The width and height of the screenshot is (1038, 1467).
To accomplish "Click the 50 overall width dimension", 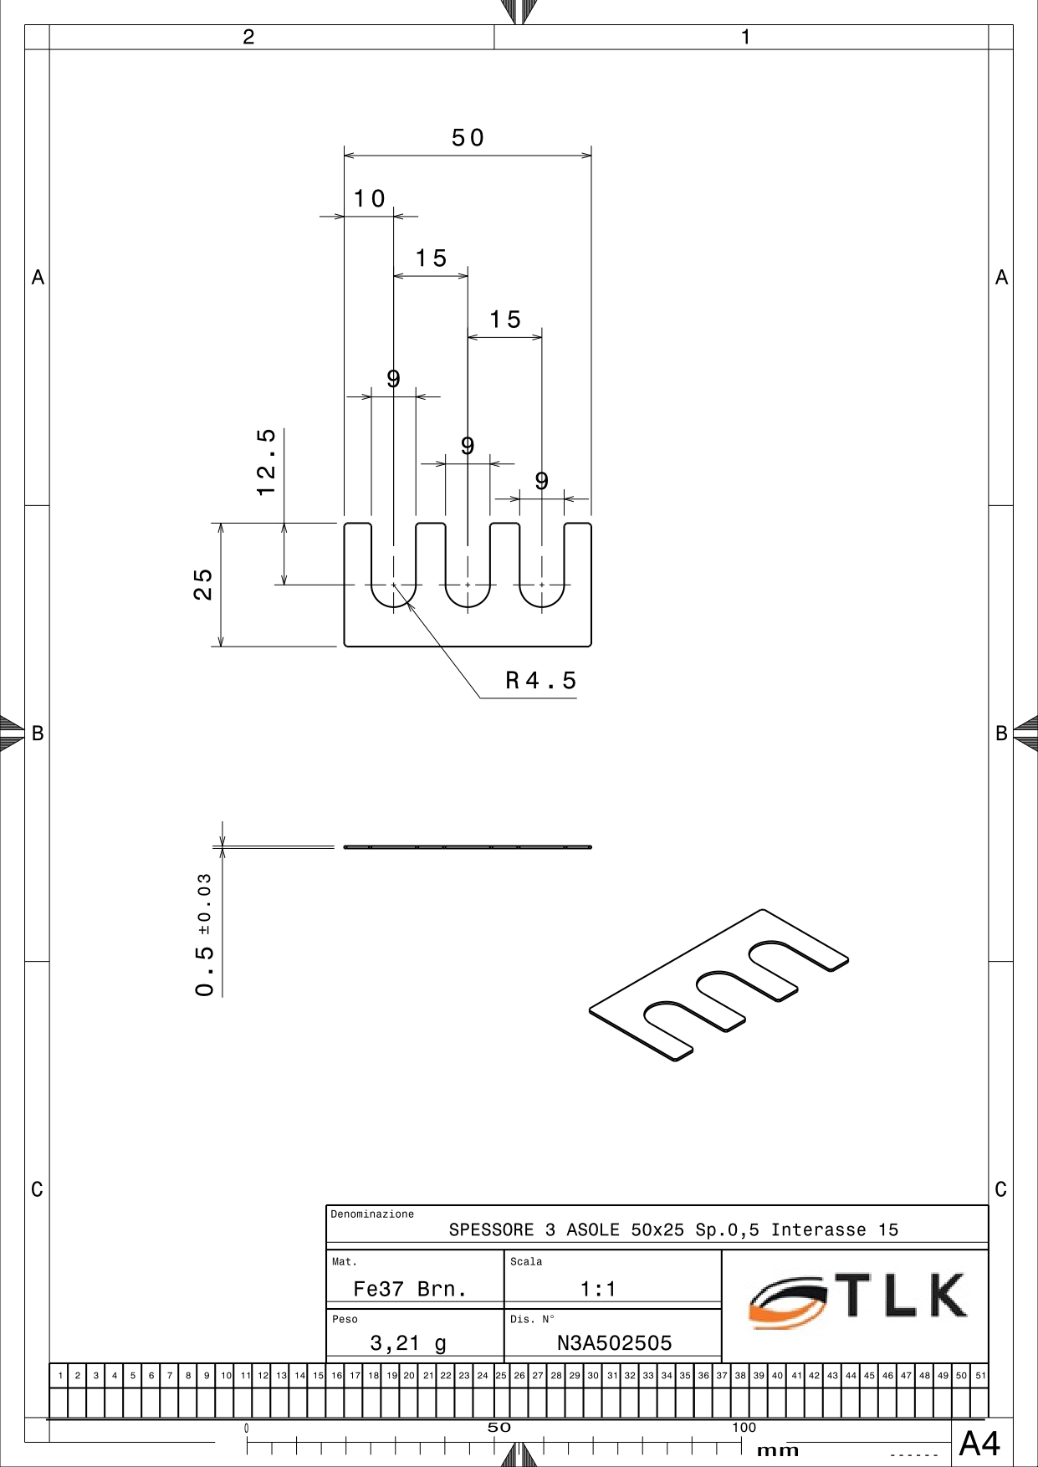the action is coord(468,138).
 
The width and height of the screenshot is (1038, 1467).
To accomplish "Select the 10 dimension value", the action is coord(369,199).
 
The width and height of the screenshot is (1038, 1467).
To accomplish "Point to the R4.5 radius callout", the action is coord(540,681).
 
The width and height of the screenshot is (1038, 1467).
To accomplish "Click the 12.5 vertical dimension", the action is coord(266,462).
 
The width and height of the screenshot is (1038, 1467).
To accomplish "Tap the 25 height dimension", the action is coord(203,584).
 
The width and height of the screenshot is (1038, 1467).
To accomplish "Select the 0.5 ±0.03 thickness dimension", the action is coord(204,935).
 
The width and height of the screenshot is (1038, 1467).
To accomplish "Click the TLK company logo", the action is coord(858,1301).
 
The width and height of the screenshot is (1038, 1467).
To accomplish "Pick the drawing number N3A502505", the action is coord(615,1343).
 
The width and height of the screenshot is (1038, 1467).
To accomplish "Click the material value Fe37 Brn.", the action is coord(410,1289).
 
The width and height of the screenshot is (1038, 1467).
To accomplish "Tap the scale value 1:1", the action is coord(598,1289).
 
